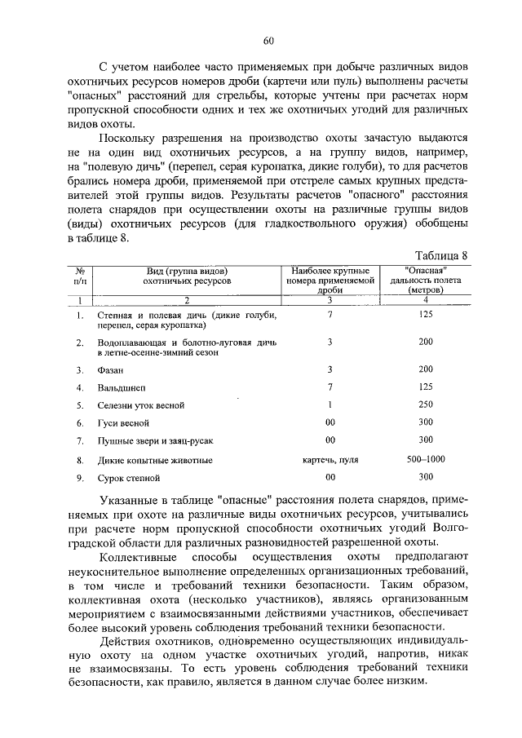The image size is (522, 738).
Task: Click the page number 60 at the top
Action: pyautogui.click(x=268, y=41)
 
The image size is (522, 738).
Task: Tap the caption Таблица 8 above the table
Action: pyautogui.click(x=441, y=255)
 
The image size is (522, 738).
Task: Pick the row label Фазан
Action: pyautogui.click(x=110, y=369)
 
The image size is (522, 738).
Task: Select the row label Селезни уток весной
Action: pyautogui.click(x=140, y=405)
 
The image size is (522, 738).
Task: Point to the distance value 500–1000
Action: pyautogui.click(x=425, y=459)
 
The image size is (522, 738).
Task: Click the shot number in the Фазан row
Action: pyautogui.click(x=330, y=369)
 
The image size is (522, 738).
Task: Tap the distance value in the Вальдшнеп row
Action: pyautogui.click(x=425, y=387)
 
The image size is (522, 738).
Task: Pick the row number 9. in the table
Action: pyautogui.click(x=80, y=477)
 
